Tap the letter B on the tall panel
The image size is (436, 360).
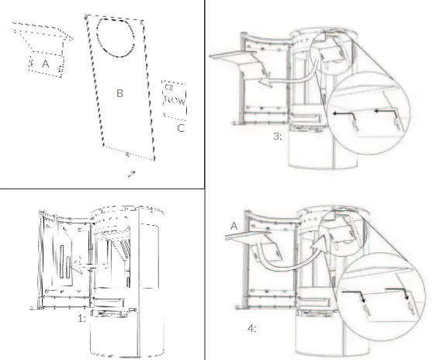119,94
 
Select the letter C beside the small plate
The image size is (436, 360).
181,127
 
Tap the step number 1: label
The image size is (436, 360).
81,317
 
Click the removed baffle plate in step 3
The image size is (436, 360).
233,56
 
